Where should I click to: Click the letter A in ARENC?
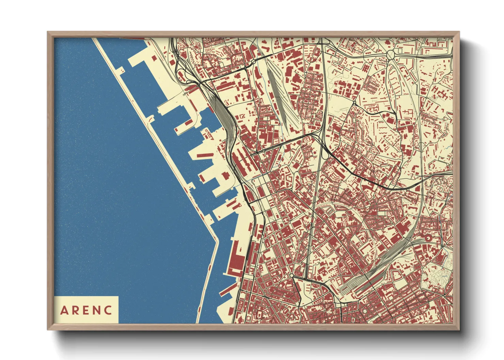(64, 310)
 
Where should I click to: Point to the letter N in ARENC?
(97, 310)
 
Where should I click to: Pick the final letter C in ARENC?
(108, 310)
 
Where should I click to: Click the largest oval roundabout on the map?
(390, 54)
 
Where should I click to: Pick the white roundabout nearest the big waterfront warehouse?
(292, 275)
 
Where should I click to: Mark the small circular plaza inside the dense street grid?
(365, 311)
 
